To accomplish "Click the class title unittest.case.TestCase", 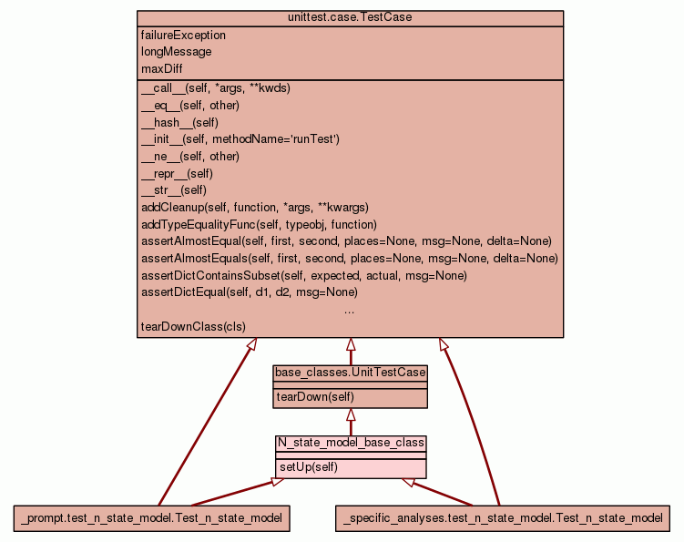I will point(350,18).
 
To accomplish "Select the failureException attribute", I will point(184,36).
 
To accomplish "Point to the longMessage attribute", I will point(177,52).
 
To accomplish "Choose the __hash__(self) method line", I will point(179,122).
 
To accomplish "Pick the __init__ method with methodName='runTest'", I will point(240,139).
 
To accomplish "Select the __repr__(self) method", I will point(177,173).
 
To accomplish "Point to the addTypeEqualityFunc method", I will point(259,224).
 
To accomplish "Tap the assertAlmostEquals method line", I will point(350,259).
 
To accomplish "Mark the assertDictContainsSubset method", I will point(304,275).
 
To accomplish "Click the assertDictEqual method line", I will point(250,292).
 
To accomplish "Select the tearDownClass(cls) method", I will point(193,326).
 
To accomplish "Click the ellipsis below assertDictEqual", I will point(350,310).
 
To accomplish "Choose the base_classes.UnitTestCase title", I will point(351,373).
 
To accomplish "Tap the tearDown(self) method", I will point(315,397).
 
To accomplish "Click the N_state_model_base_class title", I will point(351,443).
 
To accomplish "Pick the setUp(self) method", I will point(309,467).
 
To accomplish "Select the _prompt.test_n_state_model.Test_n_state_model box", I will point(152,518).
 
